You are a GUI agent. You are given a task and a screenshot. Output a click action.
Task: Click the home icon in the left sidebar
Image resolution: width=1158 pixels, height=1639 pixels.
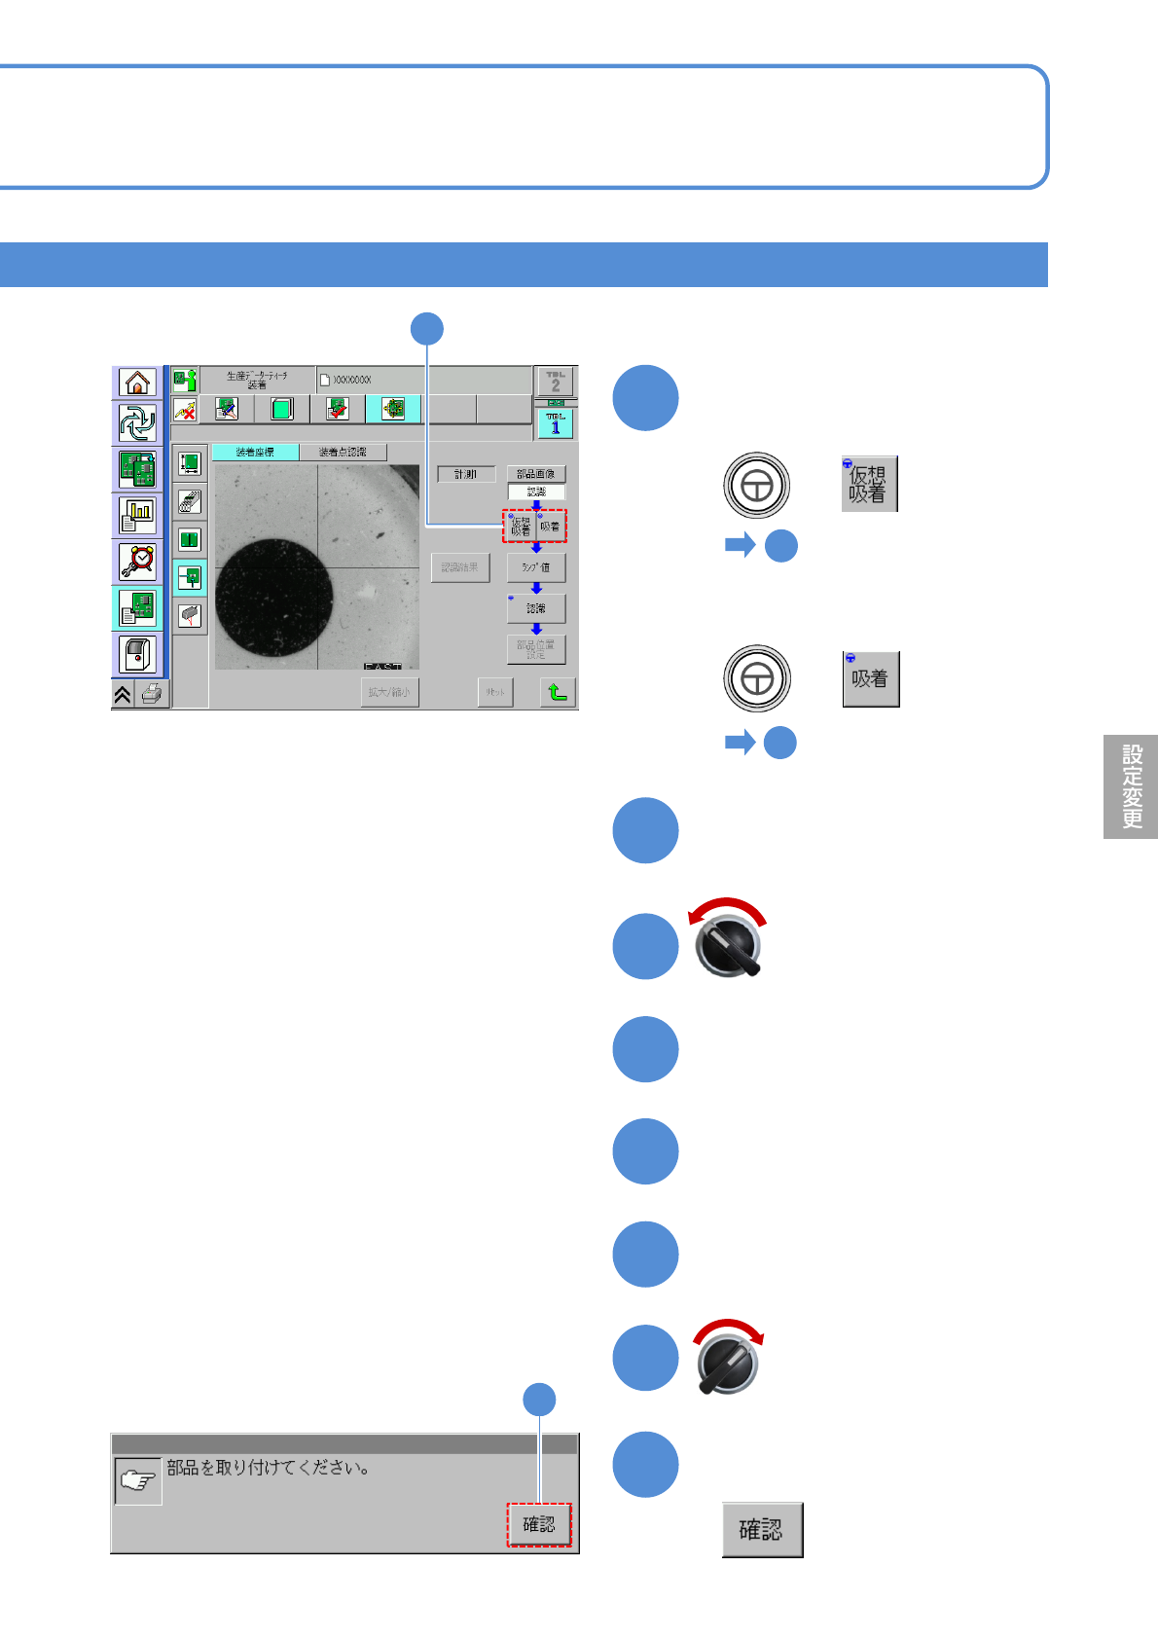[x=137, y=382]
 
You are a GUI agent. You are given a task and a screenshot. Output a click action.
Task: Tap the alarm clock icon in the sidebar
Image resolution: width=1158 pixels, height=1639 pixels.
[x=137, y=562]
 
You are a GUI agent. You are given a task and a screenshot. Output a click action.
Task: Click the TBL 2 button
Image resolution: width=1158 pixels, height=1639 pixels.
[x=556, y=381]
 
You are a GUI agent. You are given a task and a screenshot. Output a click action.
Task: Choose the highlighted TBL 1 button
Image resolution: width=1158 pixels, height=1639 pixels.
[x=556, y=423]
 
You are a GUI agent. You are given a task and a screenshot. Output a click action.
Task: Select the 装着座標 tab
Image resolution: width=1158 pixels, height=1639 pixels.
[x=255, y=453]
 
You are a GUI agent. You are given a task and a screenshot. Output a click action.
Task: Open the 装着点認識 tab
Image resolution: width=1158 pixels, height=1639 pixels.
[x=343, y=453]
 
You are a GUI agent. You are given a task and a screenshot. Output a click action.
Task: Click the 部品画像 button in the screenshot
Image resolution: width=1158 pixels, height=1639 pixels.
[x=535, y=474]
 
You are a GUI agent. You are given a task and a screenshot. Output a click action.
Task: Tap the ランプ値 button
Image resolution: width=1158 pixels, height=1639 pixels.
[x=535, y=567]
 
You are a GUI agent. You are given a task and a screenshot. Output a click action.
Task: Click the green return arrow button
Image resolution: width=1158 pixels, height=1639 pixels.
[x=558, y=692]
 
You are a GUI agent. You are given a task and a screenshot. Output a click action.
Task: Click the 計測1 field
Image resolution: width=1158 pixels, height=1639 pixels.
[x=466, y=474]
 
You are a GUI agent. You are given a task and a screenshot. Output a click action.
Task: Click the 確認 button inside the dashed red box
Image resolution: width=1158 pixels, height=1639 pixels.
[x=538, y=1524]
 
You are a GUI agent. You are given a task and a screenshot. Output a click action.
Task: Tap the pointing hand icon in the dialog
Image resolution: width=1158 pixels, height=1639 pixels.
[x=137, y=1481]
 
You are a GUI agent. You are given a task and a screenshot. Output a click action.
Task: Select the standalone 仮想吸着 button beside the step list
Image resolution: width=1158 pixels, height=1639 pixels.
[x=869, y=484]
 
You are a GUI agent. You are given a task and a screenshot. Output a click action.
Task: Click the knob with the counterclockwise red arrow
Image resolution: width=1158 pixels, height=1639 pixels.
[x=728, y=944]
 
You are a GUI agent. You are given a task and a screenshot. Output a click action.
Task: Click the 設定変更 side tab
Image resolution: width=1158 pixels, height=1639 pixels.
[x=1131, y=786]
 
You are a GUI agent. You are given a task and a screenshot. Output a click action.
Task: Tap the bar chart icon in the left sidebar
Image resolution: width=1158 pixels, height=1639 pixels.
[x=137, y=515]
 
